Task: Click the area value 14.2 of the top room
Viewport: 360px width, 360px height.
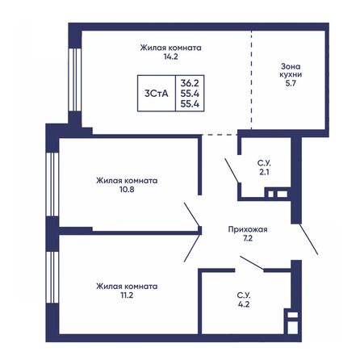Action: click(170, 58)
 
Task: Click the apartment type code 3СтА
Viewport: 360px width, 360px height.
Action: click(157, 93)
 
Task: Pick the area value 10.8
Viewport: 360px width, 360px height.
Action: click(125, 190)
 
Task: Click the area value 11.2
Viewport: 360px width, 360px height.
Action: click(125, 296)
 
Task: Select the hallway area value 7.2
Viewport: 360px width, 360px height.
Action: click(247, 240)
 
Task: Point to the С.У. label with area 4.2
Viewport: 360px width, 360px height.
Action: click(243, 295)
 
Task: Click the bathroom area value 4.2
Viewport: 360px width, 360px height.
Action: click(243, 306)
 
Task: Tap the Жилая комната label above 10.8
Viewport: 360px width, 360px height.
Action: click(125, 180)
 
